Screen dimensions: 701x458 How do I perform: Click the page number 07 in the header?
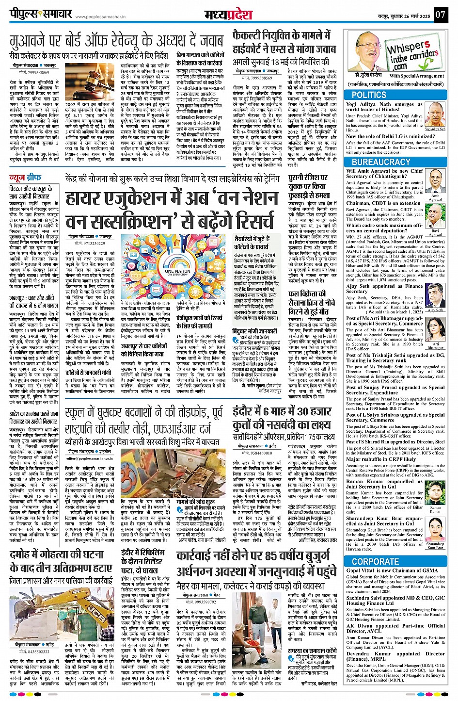440,14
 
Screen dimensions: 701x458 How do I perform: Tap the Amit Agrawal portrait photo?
435,182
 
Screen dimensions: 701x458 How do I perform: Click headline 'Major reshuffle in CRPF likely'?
381,459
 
